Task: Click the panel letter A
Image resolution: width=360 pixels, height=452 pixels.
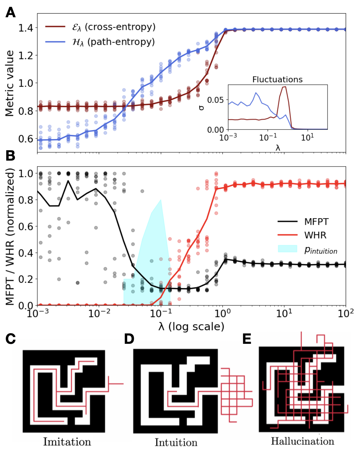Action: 11,13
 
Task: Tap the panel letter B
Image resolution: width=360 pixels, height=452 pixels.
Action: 10,155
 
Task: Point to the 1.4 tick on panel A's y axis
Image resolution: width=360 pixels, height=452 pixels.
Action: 26,28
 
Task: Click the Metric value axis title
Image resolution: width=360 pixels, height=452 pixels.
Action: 10,83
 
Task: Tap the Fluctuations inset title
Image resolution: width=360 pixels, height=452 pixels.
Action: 277,80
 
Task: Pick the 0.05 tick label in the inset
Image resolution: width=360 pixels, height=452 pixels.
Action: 215,100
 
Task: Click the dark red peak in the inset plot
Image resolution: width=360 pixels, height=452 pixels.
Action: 284,87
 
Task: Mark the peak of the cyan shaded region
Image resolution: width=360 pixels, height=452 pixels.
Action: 161,200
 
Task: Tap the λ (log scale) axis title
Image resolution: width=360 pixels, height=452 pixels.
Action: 191,326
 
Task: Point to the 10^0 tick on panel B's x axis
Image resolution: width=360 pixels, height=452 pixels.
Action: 223,313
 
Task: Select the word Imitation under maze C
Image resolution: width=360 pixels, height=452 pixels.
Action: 67,442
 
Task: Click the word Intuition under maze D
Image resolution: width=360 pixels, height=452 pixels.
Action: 176,442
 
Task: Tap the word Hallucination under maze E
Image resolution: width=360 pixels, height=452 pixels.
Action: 303,441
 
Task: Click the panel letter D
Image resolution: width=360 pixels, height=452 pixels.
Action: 129,339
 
